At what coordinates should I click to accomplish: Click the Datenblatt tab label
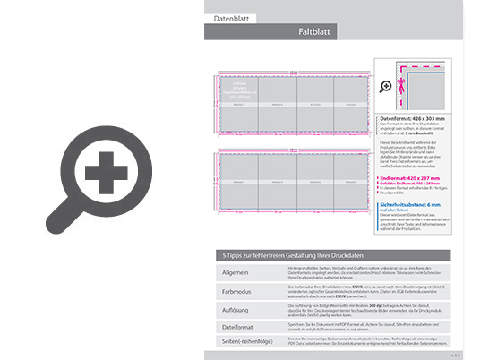(x=230, y=18)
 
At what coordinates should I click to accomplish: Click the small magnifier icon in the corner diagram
(x=385, y=86)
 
